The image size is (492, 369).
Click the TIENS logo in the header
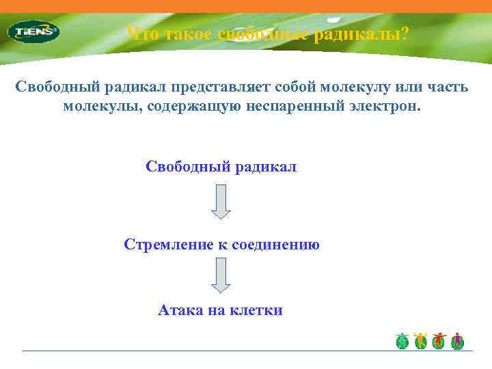(33, 31)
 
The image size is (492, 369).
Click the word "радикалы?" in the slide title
(361, 34)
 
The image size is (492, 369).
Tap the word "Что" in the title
(141, 34)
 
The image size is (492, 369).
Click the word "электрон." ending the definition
(389, 106)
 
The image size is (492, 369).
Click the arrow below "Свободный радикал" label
(221, 202)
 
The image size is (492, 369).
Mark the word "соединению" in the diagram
(277, 245)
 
